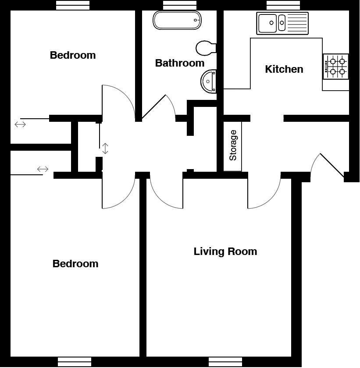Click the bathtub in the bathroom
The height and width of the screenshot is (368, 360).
coord(177,20)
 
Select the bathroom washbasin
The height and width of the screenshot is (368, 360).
coord(209,81)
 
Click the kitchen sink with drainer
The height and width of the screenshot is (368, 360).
coord(282,23)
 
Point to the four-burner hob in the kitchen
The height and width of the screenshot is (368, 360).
coord(335,67)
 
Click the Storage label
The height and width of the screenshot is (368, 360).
coord(233,145)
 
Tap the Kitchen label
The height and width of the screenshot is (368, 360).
coord(284,69)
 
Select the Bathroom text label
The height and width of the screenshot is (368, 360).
coord(180,63)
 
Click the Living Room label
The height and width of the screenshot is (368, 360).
coord(225,251)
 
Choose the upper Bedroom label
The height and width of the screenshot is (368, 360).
coord(73,55)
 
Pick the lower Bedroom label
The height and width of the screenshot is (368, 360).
coord(75,264)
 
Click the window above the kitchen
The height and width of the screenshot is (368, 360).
coord(283,5)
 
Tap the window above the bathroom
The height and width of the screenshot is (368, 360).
coord(179,5)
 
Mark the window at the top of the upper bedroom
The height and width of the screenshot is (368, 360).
coord(73,5)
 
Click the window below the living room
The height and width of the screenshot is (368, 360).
coord(225,362)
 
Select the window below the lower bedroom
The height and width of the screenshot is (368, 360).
coord(75,362)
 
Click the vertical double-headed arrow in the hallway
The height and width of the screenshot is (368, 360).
coord(105,149)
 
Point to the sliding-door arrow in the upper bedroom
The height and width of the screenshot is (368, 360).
coord(20,124)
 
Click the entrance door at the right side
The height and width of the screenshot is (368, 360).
coord(331,165)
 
